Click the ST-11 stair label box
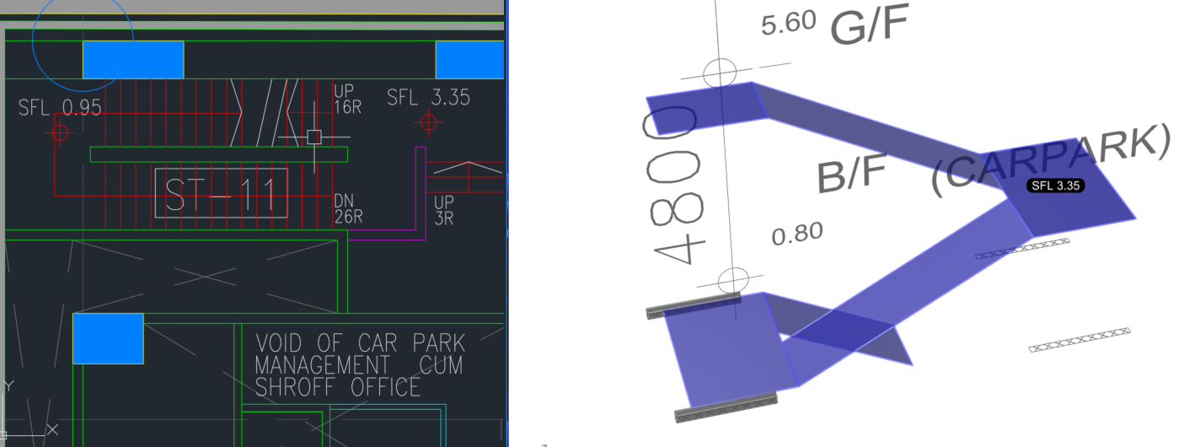tap(221, 193)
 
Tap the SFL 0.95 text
tap(60, 107)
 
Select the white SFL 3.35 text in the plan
tap(428, 97)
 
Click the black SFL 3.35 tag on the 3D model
tap(1056, 186)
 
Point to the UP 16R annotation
tap(347, 99)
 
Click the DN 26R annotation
tap(348, 208)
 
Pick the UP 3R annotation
tap(444, 210)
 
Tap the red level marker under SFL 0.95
tap(60, 132)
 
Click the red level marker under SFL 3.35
tap(428, 123)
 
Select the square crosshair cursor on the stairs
tap(314, 137)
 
